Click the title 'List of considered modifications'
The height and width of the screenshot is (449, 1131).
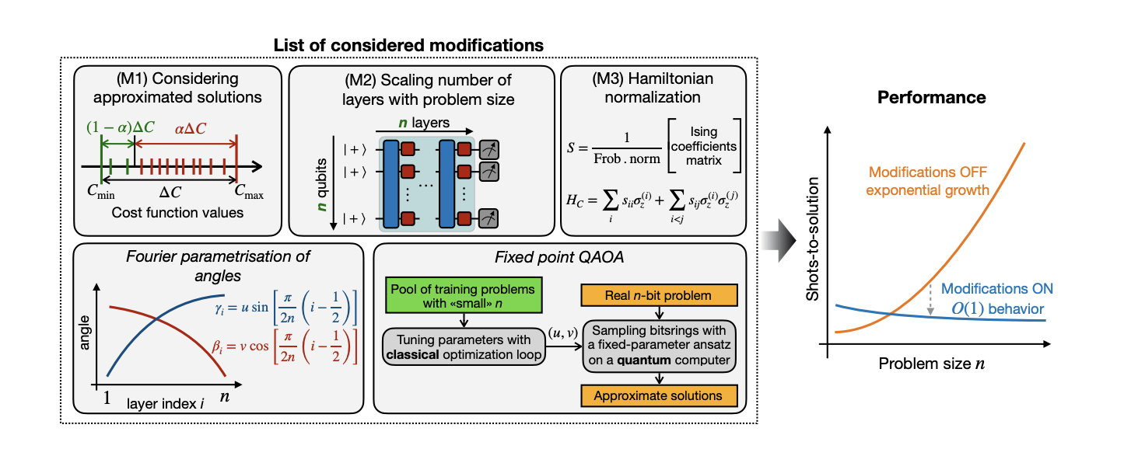(408, 45)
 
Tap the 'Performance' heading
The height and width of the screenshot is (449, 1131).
(931, 98)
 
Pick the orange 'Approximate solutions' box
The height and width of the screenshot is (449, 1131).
(658, 395)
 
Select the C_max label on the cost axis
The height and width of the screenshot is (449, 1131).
(239, 194)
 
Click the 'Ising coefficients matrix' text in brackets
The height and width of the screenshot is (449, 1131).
(706, 146)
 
